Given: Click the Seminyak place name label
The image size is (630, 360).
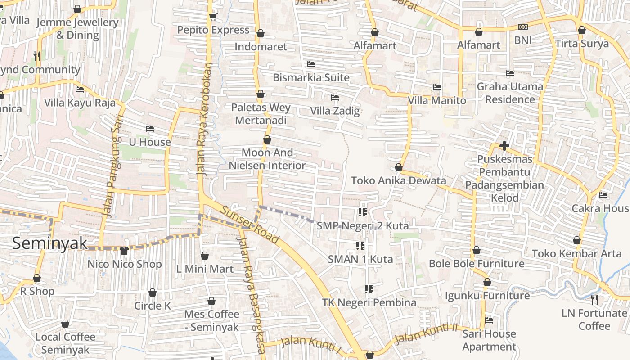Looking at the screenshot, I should (x=49, y=243).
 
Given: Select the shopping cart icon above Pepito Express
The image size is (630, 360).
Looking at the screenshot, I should (x=213, y=17).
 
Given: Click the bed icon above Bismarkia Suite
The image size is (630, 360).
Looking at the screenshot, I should (x=310, y=64).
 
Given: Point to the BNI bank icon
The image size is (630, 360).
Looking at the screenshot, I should (x=522, y=27).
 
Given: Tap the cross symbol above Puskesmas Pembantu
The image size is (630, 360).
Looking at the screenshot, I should (x=504, y=146).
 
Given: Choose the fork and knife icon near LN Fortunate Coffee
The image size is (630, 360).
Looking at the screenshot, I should (x=594, y=299).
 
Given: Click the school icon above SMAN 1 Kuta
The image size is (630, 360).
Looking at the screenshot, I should (x=360, y=246).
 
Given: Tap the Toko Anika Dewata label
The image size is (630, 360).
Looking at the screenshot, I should (x=398, y=181).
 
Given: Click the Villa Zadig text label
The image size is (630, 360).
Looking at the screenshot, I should (x=335, y=111).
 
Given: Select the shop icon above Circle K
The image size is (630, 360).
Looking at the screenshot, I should (x=153, y=292).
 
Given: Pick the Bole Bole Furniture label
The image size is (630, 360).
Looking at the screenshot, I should (x=477, y=264).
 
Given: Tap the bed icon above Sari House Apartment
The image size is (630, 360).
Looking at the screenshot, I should (x=489, y=320).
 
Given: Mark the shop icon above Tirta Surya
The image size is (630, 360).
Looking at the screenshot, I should (x=581, y=30).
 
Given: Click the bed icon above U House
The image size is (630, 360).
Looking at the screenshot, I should (x=150, y=129).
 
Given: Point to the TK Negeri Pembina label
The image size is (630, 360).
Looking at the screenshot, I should (x=369, y=302).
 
